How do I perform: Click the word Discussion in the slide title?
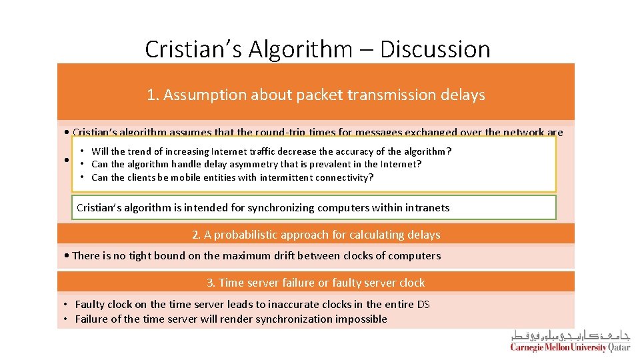point(435,49)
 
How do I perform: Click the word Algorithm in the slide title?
point(307,49)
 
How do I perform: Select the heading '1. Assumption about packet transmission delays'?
point(316,95)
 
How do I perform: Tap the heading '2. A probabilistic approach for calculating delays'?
point(316,235)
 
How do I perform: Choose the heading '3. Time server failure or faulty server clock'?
point(316,283)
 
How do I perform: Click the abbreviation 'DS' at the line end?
point(423,305)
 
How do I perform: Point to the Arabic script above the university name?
point(571,335)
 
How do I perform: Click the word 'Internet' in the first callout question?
point(229,151)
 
